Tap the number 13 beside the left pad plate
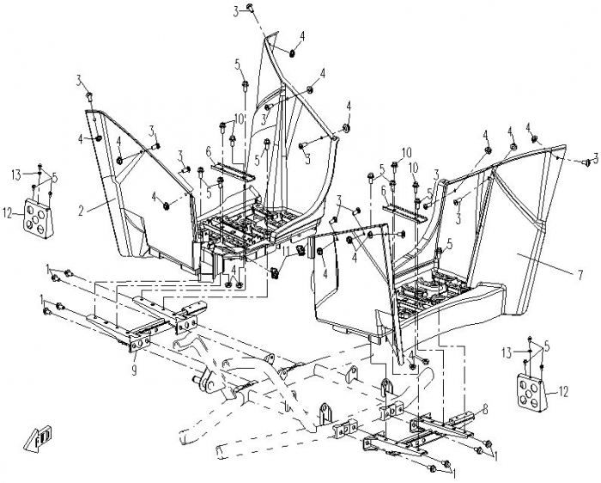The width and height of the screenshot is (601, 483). (x=15, y=174)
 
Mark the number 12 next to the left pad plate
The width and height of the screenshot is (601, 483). (x=8, y=211)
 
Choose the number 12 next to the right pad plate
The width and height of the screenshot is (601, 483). (x=563, y=391)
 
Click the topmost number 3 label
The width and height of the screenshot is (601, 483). (x=235, y=11)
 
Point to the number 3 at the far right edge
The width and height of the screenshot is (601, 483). (x=594, y=159)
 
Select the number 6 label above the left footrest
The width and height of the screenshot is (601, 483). (x=209, y=151)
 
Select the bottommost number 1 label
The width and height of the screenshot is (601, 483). (x=454, y=474)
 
